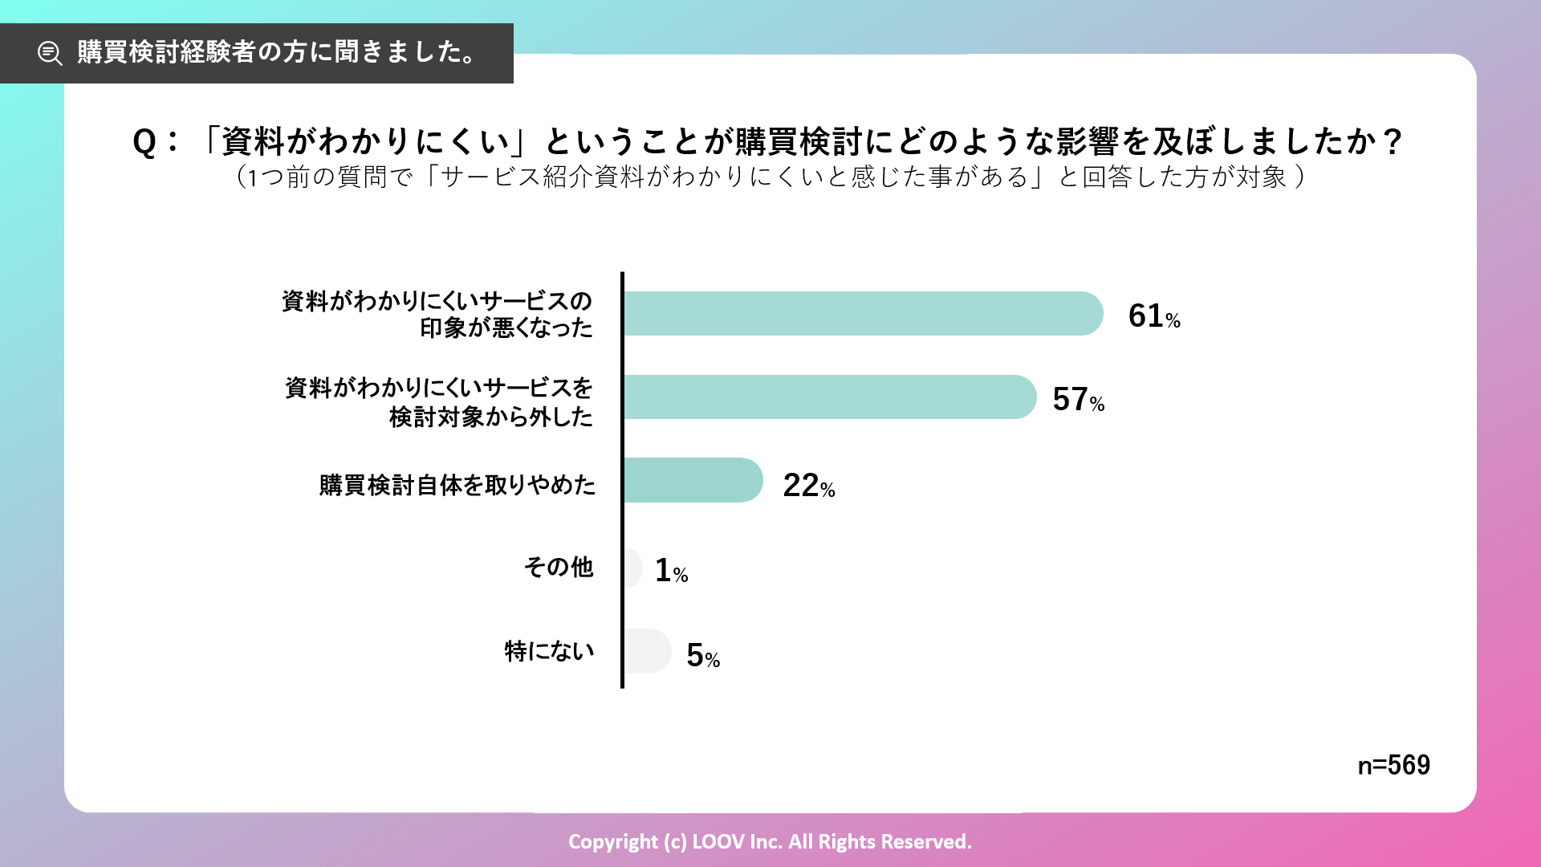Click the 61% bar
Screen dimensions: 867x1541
(x=863, y=313)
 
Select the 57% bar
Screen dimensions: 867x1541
(x=829, y=397)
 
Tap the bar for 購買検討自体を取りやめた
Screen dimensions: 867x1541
(x=693, y=480)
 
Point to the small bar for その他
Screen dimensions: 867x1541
(x=633, y=568)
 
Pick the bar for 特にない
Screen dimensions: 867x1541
(x=647, y=651)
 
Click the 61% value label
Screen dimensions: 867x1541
(x=1153, y=316)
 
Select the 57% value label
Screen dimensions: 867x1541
(x=1078, y=400)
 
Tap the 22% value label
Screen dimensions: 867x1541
(x=808, y=486)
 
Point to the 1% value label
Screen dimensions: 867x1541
(x=671, y=571)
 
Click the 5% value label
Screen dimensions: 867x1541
(x=702, y=656)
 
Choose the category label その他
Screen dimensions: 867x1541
(x=559, y=568)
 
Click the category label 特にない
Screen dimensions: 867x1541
(x=549, y=651)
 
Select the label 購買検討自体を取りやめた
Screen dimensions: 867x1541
(x=457, y=485)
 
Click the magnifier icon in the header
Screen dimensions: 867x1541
(x=50, y=53)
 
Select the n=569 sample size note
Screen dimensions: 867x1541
(x=1393, y=765)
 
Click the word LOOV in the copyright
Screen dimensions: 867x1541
(x=718, y=841)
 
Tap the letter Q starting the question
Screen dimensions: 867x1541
(x=144, y=142)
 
